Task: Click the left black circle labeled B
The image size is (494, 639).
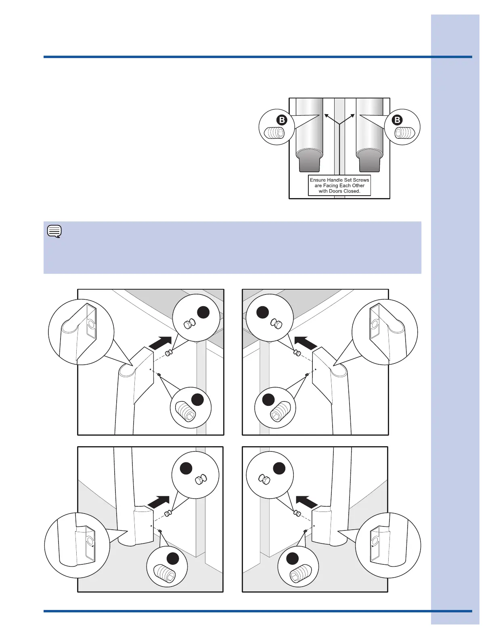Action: (282, 120)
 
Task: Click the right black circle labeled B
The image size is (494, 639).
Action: (398, 120)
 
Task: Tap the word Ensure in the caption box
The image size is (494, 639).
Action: (318, 180)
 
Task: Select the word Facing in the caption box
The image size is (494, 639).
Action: (332, 186)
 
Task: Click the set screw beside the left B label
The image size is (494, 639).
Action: (275, 133)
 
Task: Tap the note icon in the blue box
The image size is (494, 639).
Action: (54, 232)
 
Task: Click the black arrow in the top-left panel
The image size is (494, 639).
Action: (160, 342)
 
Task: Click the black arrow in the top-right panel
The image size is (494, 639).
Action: (306, 342)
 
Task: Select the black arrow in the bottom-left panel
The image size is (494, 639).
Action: (158, 501)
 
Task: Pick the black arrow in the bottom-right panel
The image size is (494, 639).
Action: (307, 501)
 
